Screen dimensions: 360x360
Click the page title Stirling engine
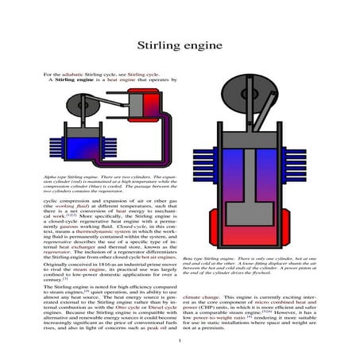180,46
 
